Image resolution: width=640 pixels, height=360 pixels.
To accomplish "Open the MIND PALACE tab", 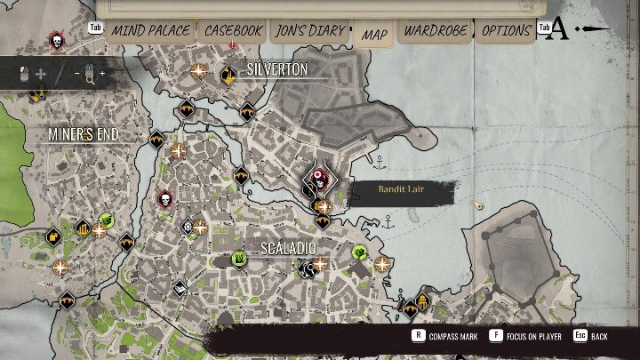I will pos(150,31).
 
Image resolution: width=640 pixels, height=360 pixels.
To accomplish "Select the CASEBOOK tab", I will pos(233,31).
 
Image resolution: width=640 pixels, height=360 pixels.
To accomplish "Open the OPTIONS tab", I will pos(506,31).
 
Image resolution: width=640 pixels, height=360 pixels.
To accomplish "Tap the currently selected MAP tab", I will pos(374,35).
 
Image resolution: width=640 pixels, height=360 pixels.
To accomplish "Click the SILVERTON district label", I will pos(277,69).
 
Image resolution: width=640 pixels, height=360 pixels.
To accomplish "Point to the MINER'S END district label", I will pos(84,135).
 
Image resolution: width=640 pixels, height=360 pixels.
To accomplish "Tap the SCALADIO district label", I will pos(288,247).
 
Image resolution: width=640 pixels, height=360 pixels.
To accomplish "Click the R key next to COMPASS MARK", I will pos(418,336).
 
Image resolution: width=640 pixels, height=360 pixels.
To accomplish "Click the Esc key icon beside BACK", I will pos(580,336).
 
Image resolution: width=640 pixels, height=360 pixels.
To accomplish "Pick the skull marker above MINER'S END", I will pos(56,41).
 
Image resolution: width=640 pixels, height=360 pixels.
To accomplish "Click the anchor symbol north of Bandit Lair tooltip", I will pos(380,163).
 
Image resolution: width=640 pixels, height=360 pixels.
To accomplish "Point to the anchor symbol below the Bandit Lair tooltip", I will pos(388,221).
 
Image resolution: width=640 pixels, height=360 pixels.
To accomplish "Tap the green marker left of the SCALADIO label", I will pos(239,259).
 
